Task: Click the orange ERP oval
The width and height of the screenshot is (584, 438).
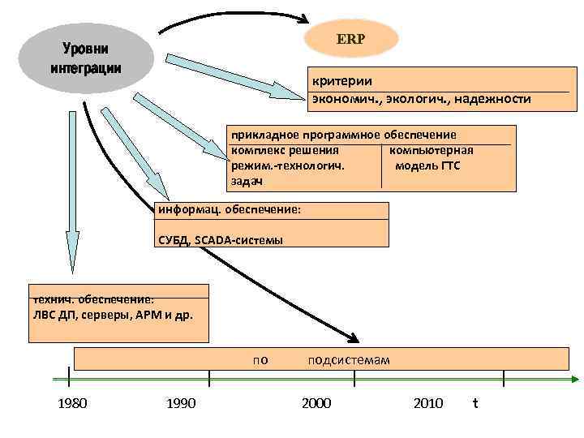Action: point(350,39)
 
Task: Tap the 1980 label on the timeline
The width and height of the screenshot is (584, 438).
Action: point(73,403)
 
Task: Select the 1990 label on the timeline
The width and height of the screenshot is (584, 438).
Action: point(180,403)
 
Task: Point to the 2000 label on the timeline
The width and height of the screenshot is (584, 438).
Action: point(316,403)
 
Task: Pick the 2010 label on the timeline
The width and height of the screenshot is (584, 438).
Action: point(428,403)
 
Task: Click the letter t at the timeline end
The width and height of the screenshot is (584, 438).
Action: point(475,402)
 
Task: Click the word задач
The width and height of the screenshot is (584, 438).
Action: point(247,181)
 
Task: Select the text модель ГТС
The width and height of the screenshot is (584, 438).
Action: point(427,165)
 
